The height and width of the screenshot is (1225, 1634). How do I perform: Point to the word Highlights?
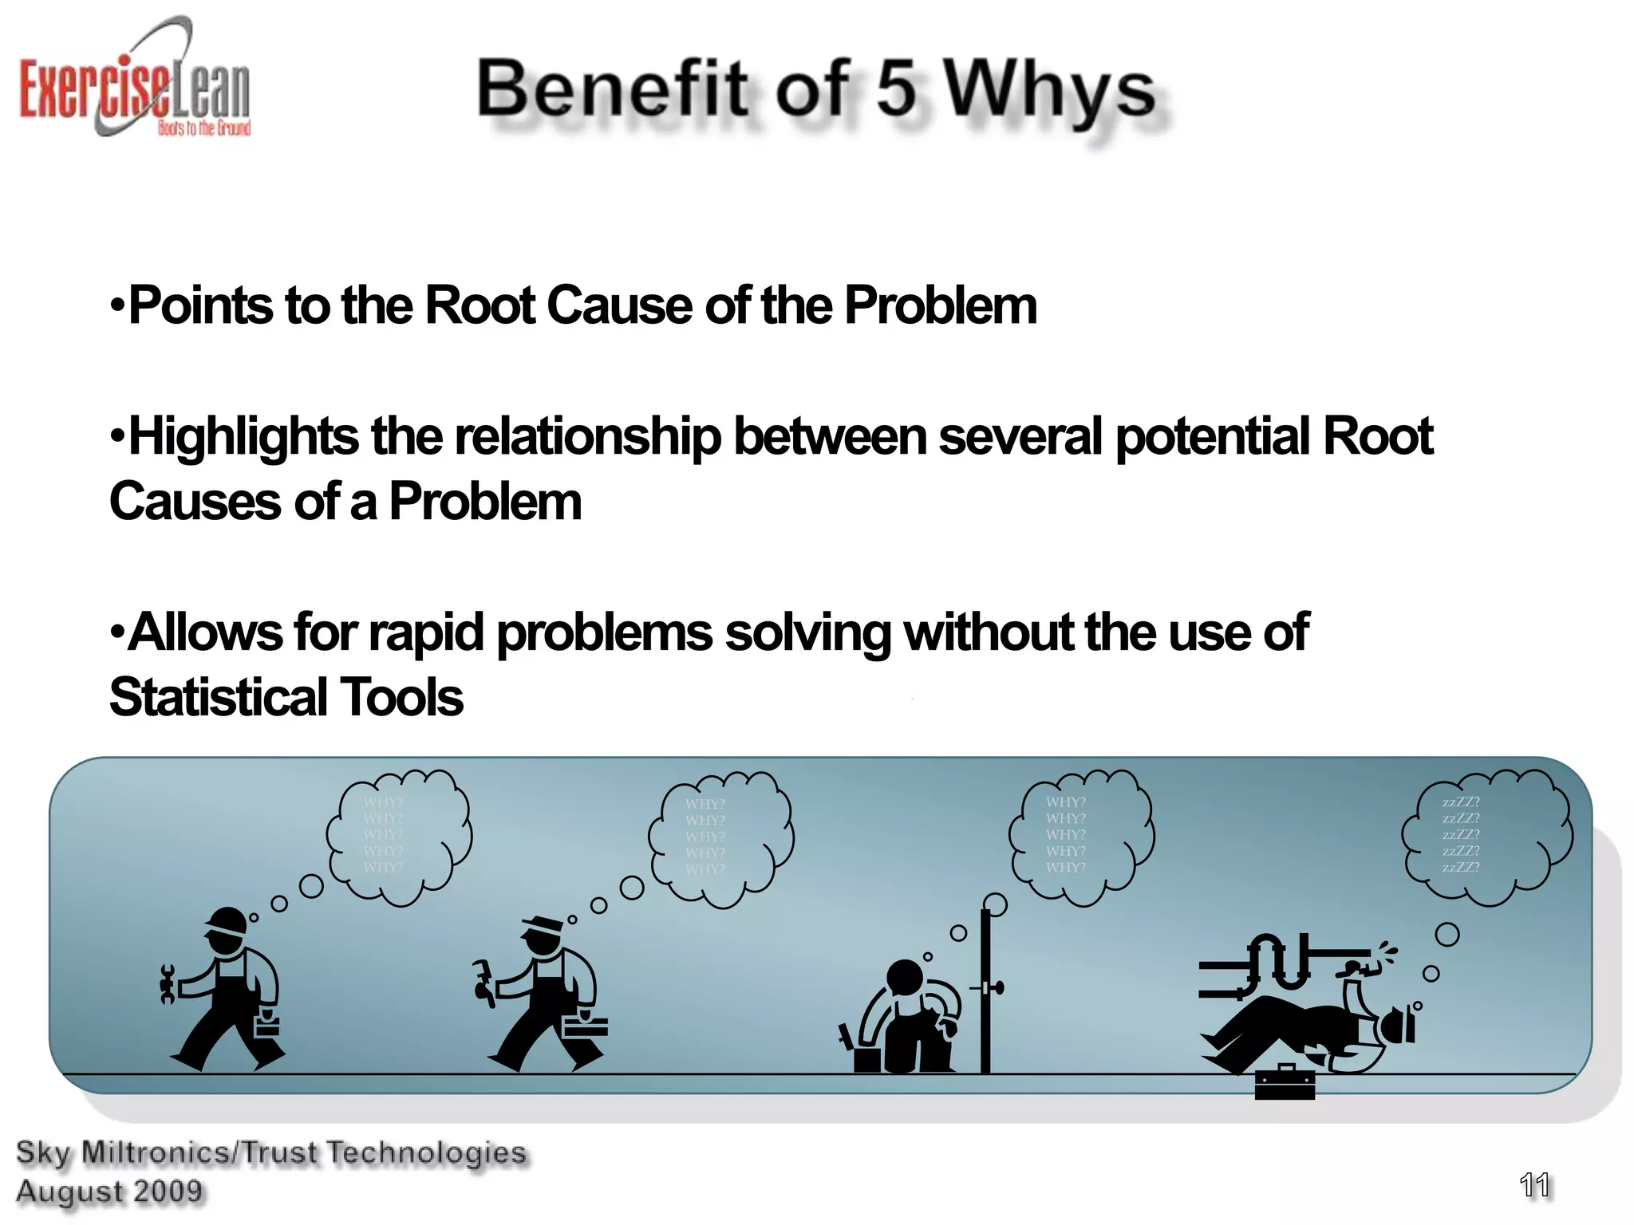(243, 438)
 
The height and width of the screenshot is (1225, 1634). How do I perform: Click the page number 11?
(1533, 1185)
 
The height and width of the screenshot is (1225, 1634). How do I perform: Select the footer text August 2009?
(109, 1192)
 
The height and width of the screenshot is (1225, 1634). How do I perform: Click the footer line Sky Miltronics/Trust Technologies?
(271, 1153)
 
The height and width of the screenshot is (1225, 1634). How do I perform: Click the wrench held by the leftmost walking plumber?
(167, 984)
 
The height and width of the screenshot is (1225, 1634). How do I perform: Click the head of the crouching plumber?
(905, 977)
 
